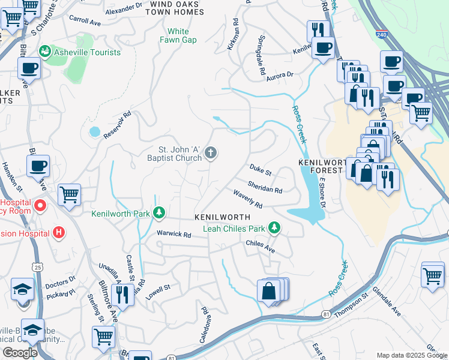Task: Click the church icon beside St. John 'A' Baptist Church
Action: [210, 154]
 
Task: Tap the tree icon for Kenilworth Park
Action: [159, 213]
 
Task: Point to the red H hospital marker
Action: [59, 232]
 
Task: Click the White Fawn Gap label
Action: [178, 35]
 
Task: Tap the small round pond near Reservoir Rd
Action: [94, 131]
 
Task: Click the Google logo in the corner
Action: [20, 353]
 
